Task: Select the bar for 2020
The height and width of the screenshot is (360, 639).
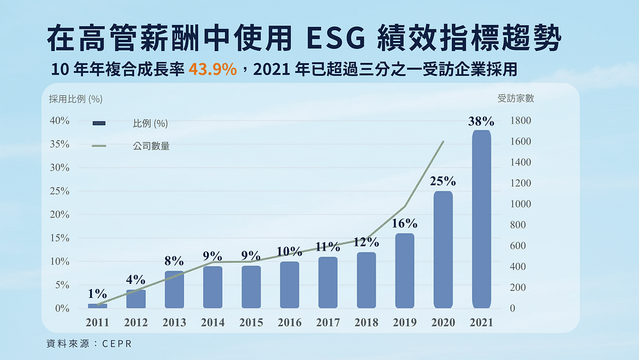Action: tap(443, 249)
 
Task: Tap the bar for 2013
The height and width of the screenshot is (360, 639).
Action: tap(174, 289)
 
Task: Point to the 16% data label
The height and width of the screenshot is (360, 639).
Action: tap(404, 224)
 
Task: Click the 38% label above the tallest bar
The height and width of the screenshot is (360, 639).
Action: tap(481, 121)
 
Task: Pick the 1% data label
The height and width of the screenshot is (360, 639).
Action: tap(97, 294)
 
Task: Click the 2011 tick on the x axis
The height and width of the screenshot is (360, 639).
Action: tap(97, 323)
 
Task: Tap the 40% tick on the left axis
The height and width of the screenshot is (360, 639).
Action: tap(59, 121)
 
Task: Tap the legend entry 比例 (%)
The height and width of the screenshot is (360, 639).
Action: tap(150, 123)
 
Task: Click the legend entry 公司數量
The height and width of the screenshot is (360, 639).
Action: tap(151, 146)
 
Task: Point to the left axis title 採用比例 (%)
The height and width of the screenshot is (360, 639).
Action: tap(75, 98)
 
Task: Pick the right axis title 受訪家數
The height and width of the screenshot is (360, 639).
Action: tap(516, 98)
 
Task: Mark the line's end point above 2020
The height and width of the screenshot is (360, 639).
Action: tap(443, 142)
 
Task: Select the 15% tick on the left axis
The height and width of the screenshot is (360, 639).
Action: tap(59, 238)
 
